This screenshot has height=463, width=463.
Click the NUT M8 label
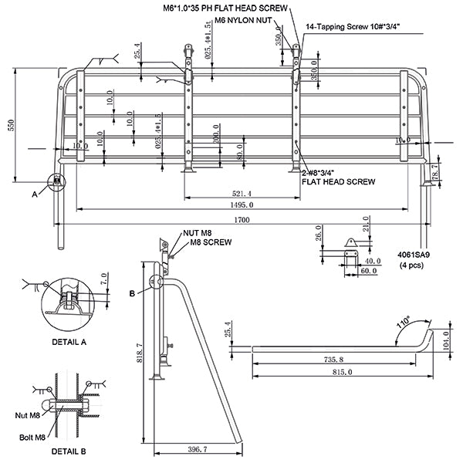coord(198,232)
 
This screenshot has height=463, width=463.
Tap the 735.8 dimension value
coord(333,359)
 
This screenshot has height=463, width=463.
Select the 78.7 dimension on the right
coord(434,171)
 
